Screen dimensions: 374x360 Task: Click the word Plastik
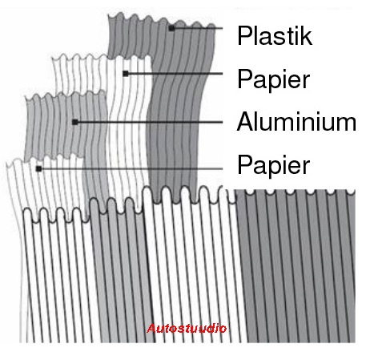[275, 36]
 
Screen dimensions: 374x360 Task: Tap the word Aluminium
[296, 122]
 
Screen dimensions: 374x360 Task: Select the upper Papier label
[273, 79]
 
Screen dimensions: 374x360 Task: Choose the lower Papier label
[273, 165]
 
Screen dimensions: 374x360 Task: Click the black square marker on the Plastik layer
[171, 28]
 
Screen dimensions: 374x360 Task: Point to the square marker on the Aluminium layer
[75, 122]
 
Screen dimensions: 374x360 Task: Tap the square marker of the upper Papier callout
[126, 74]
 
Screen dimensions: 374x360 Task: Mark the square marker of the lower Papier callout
[39, 168]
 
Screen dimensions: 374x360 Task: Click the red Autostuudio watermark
[187, 328]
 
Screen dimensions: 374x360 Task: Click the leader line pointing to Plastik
[199, 28]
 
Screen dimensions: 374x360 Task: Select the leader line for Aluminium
[151, 122]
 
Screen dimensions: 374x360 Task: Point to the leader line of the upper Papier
[175, 74]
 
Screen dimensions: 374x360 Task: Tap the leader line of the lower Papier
[132, 168]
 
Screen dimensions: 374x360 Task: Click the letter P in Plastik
[244, 36]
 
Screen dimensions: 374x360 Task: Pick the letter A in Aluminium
[246, 122]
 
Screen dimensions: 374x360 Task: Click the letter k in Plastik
[307, 36]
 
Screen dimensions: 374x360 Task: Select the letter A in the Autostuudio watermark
[151, 328]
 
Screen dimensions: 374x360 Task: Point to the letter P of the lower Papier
[244, 164]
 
